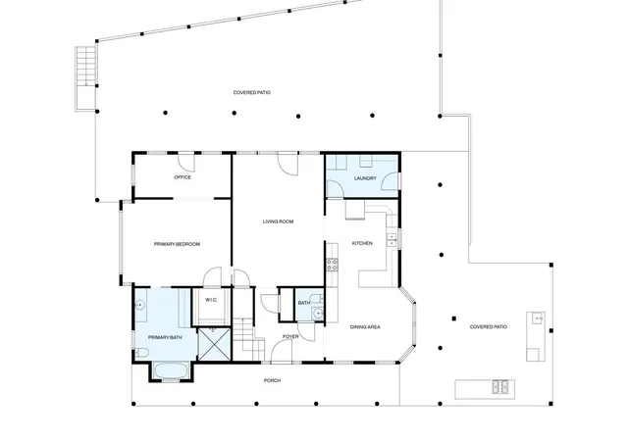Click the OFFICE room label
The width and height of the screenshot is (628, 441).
183,177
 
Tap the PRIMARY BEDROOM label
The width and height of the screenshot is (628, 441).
177,244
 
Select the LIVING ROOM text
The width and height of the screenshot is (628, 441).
278,221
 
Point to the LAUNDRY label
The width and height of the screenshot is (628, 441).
365,178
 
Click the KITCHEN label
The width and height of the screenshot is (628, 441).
362,243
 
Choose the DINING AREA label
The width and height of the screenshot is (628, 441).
365,327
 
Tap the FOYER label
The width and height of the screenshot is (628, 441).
290,336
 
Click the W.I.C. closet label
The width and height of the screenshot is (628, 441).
211,300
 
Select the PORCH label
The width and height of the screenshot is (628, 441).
273,380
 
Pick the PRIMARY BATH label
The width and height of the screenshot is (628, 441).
165,338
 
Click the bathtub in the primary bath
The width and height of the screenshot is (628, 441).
172,371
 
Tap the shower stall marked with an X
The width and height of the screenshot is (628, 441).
215,344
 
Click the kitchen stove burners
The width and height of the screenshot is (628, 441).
332,265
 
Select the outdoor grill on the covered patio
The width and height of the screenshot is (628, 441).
499,386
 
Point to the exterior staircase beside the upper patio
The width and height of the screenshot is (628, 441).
85,78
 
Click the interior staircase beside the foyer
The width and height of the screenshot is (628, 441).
248,339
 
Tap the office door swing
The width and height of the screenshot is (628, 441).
186,163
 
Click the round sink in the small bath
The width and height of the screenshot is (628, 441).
318,313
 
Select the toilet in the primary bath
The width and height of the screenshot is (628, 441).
141,353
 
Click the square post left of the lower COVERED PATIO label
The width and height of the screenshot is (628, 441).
454,318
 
